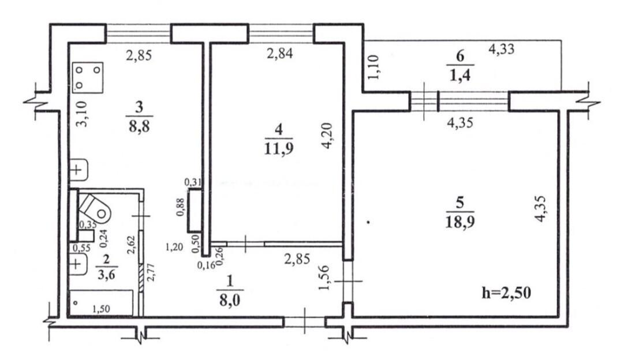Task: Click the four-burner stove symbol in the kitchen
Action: pos(88,77)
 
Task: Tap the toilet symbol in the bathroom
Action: pos(95,207)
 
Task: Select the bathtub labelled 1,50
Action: pos(101,302)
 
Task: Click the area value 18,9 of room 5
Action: pos(460,222)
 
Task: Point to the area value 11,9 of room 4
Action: pos(279,149)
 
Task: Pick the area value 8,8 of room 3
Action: pos(139,126)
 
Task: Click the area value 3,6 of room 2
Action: pos(106,274)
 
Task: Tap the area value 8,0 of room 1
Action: pos(230,301)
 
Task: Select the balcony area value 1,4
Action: pos(460,76)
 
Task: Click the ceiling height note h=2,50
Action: pos(506,292)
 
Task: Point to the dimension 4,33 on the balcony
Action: pos(501,49)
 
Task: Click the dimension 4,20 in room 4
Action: pos(328,136)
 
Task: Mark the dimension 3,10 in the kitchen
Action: pos(82,114)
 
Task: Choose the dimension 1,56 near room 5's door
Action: pos(324,277)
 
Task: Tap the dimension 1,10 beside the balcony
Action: pos(374,67)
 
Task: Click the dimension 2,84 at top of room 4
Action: pos(279,53)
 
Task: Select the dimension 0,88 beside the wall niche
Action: pos(180,207)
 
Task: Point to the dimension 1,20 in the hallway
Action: pos(174,246)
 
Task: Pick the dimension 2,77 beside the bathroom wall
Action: pos(150,272)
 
